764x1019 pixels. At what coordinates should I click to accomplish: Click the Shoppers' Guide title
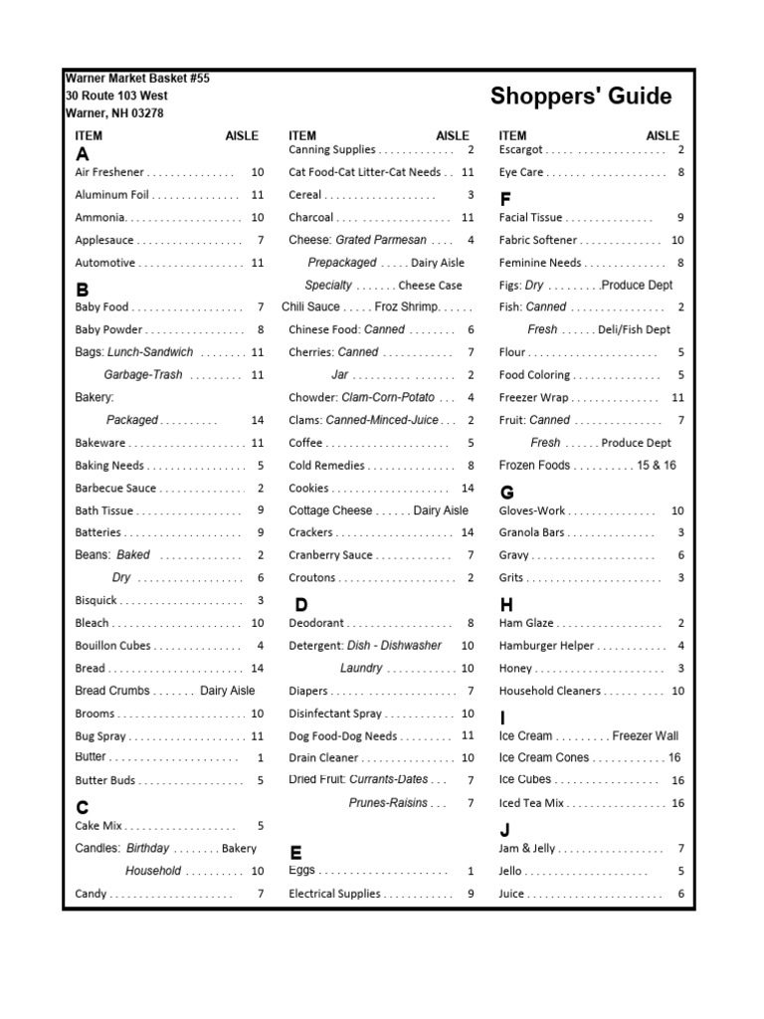pos(580,97)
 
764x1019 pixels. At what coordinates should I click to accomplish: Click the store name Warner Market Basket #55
pos(137,78)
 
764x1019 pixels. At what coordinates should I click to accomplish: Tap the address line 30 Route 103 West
pos(116,96)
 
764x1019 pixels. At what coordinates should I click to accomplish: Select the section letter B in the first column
pos(83,290)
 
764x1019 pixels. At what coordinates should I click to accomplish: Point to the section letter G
pos(507,492)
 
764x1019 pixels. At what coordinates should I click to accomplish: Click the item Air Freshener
pos(109,172)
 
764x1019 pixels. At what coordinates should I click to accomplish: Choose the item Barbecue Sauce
pos(115,488)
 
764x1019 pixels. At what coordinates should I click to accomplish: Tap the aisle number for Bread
pos(258,669)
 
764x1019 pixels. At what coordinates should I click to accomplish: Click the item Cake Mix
pos(99,826)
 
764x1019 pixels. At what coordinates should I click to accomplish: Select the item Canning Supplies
pos(332,150)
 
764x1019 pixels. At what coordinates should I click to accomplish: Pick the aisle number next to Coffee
pos(471,443)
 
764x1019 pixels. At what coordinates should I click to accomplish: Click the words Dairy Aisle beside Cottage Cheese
pos(441,510)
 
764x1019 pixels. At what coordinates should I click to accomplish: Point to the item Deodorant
pos(316,623)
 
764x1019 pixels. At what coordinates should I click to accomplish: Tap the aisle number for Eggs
pos(471,871)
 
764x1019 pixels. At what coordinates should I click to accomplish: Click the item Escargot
pos(521,150)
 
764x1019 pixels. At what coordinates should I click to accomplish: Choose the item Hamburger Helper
pos(547,646)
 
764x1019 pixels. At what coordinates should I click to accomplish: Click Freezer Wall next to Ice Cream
pos(646,736)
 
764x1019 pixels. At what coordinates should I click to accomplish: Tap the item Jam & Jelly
pos(527,849)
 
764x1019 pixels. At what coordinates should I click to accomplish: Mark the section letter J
pos(505,830)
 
